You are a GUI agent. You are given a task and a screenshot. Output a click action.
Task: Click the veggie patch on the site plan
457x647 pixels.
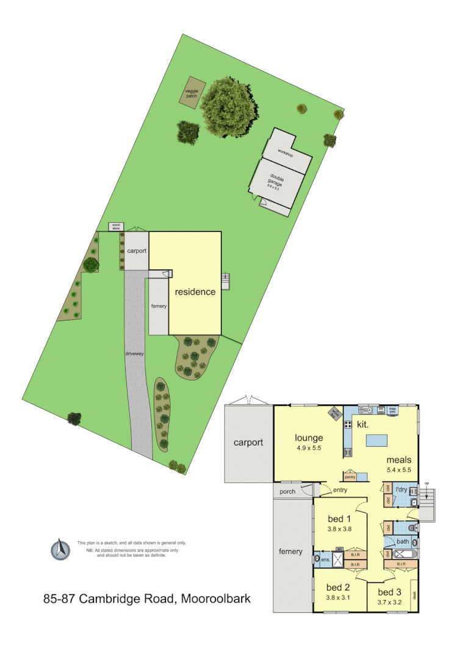click(x=193, y=93)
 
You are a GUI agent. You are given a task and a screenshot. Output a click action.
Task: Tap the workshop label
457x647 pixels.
click(x=286, y=154)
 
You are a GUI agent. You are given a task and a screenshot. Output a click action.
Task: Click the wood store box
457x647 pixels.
click(x=116, y=226)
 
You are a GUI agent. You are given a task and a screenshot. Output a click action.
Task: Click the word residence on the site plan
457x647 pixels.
click(x=195, y=292)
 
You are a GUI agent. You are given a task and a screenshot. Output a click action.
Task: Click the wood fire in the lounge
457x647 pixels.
click(x=336, y=413)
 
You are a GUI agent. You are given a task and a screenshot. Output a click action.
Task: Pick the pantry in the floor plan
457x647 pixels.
click(x=350, y=476)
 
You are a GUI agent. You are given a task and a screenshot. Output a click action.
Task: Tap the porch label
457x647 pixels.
click(x=288, y=491)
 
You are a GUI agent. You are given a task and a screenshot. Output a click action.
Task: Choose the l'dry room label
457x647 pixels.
click(x=401, y=490)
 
